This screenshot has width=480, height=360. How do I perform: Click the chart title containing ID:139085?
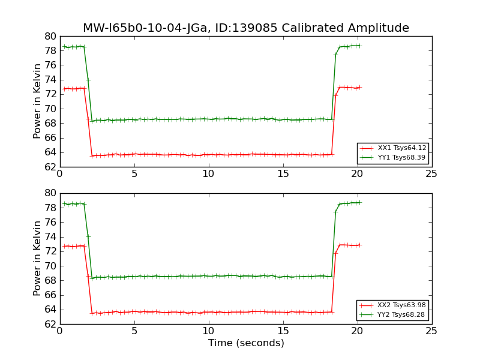click(x=246, y=28)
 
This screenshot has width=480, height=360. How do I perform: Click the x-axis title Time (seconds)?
click(x=246, y=343)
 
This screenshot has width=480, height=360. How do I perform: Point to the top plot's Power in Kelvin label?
click(x=38, y=101)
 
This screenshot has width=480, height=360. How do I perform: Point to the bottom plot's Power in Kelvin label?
click(x=38, y=258)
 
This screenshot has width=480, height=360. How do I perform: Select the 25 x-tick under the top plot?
click(x=431, y=174)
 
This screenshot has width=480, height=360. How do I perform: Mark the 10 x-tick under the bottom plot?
click(x=208, y=331)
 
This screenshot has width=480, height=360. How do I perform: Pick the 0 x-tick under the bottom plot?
click(x=59, y=331)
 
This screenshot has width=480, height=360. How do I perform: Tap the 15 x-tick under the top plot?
click(x=283, y=174)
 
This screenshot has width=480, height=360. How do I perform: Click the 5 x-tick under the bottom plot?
click(x=134, y=331)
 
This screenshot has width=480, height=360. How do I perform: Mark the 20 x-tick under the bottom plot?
click(x=357, y=331)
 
